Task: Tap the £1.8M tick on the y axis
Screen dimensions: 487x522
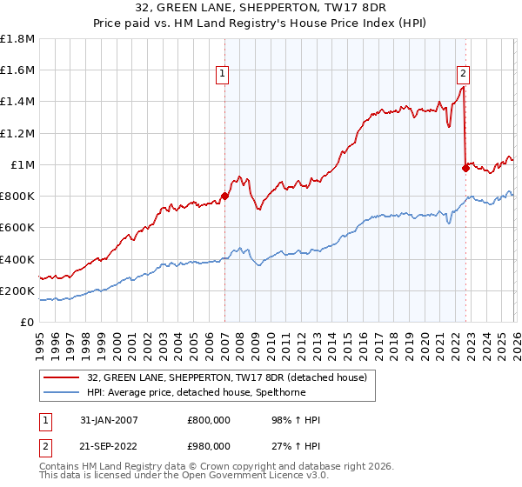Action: pos(17,39)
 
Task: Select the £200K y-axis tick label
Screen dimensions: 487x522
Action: pos(17,290)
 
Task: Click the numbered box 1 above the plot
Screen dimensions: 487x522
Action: pos(223,75)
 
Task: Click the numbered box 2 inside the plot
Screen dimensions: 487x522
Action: pos(464,75)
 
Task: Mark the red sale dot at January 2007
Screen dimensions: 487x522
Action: pos(224,196)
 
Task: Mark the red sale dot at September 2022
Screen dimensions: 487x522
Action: pos(465,168)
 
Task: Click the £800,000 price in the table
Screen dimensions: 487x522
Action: pos(209,420)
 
